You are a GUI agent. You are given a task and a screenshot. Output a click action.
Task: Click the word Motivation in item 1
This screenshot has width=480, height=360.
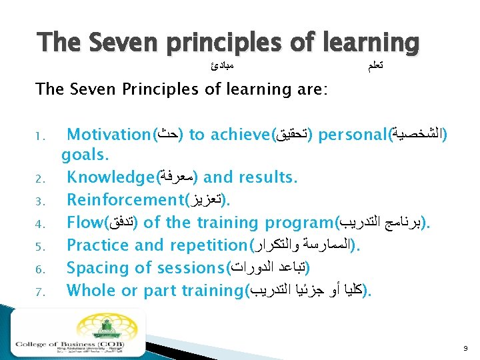point(109,135)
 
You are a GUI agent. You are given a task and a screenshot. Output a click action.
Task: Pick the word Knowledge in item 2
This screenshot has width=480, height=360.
point(109,178)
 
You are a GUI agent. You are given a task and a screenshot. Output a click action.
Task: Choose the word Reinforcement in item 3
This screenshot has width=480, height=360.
point(125,200)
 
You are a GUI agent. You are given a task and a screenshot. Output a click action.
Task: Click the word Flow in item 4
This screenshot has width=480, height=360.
point(85,222)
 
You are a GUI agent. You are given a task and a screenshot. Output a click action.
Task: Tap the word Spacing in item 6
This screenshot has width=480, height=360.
point(96,267)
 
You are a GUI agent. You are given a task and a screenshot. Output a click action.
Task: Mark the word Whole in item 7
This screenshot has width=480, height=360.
point(90,290)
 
